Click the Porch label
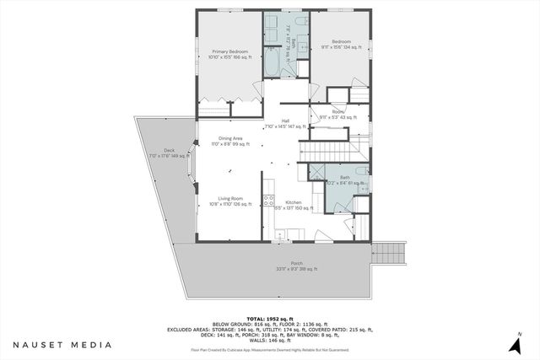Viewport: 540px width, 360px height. point(284,266)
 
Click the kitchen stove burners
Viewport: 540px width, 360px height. point(268,201)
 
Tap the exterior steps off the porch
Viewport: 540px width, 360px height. point(389,252)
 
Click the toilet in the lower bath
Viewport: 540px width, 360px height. point(360,172)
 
